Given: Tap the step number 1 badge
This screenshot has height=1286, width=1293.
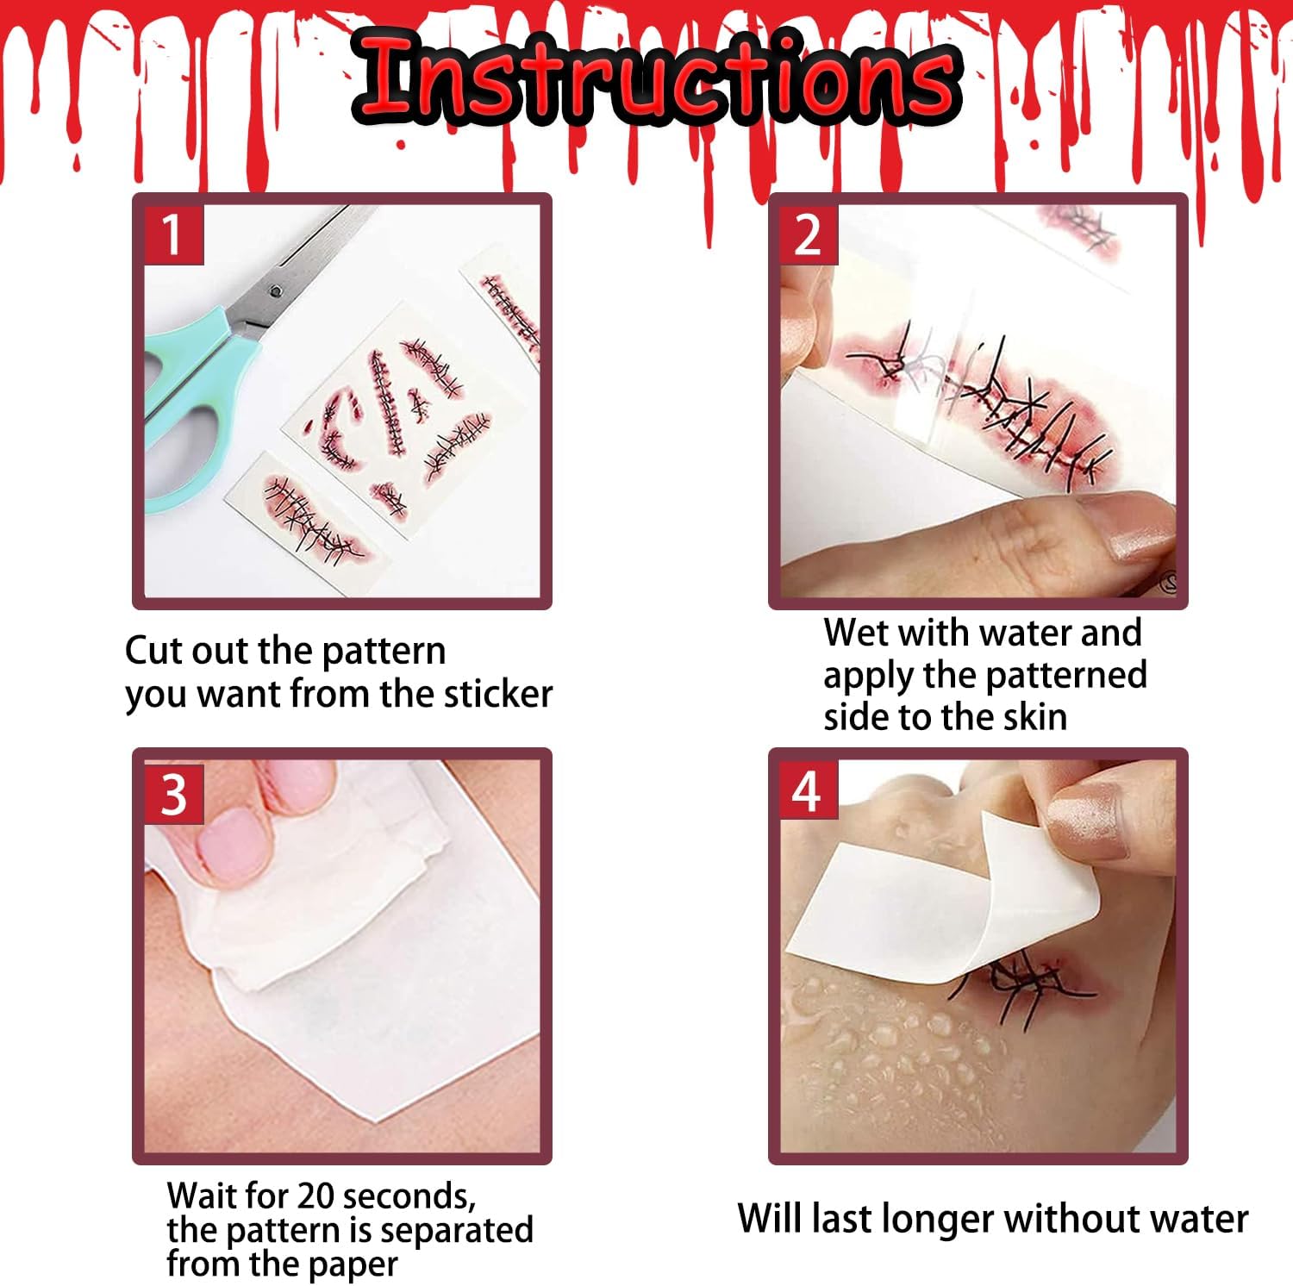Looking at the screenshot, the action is click(x=172, y=234).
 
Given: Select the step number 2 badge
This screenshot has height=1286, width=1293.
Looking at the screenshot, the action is click(x=808, y=234).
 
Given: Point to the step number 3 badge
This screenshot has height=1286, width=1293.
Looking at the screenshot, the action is click(x=173, y=794).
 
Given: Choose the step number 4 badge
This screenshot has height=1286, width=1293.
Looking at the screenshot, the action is click(x=808, y=791).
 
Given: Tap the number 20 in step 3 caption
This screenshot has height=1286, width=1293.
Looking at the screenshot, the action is click(x=318, y=1196).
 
